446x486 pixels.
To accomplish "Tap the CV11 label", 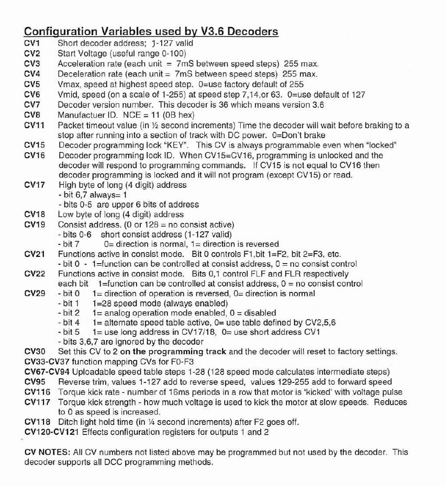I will tap(35, 125).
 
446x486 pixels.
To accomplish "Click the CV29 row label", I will tap(35, 293).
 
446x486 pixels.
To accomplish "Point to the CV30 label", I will tap(35, 352).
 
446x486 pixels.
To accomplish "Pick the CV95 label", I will tap(35, 382).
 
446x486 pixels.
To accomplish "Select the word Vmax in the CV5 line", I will tap(68, 84).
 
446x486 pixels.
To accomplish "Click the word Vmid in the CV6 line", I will tap(68, 95).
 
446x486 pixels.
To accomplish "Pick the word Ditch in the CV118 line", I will tap(69, 422).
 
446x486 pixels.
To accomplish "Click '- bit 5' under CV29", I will tap(69, 332).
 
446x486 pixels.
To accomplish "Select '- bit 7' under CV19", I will tap(69, 244).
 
